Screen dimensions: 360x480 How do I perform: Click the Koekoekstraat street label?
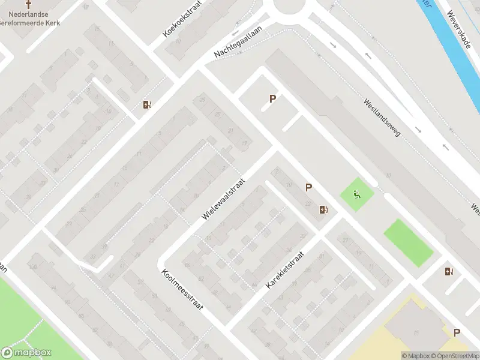pos(183,19)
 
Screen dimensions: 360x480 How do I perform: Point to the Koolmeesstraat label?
pos(182,289)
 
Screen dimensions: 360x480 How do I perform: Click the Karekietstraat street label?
pos(285,271)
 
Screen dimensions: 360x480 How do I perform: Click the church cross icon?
pos(28,3)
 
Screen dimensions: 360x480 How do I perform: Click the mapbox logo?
pos(26,353)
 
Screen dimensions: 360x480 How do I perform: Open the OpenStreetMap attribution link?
pos(454,356)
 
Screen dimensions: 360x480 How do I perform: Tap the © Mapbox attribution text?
pos(415,356)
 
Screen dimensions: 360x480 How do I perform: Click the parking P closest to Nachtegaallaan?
pos(272,99)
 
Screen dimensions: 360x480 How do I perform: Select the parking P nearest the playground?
pos(308,187)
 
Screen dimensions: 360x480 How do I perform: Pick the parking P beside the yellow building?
pos(457,332)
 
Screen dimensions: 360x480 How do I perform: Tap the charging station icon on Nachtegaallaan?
pos(147,105)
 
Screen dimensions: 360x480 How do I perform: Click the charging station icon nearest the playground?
pos(324,209)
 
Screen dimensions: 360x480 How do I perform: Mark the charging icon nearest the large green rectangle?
pos(449,271)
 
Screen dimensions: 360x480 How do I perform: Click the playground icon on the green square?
pos(357,194)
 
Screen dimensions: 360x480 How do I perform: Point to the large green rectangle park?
pos(408,242)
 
